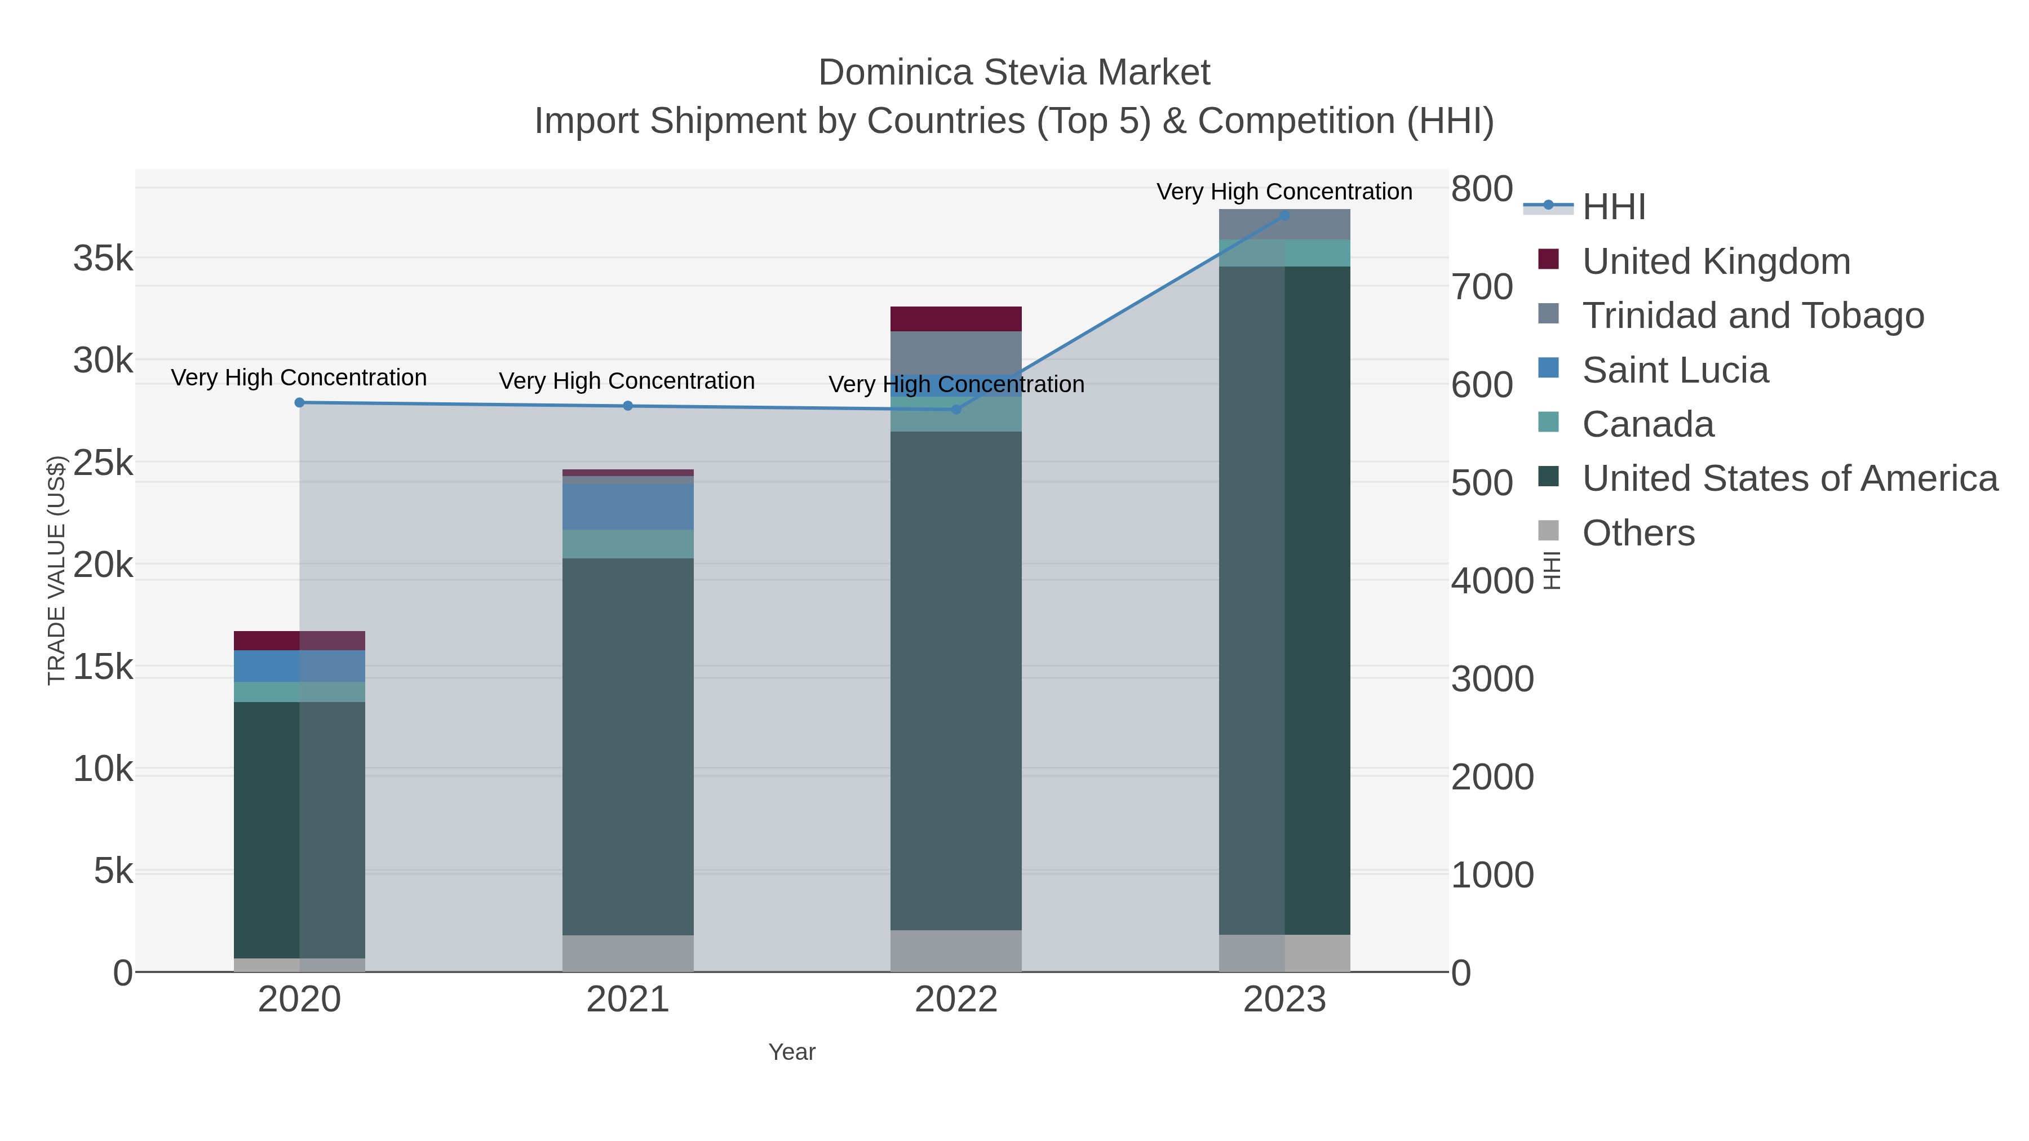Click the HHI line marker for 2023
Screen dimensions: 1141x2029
(x=1284, y=215)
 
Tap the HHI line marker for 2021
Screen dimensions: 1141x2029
(x=628, y=406)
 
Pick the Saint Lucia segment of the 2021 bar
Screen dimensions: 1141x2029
(x=628, y=507)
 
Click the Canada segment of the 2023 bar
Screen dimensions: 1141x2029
(x=1284, y=253)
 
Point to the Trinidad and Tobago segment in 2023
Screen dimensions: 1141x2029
(x=1284, y=224)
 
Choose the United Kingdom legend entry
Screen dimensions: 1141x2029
(x=1716, y=261)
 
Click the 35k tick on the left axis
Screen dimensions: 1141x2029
(x=103, y=258)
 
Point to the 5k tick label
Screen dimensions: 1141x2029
(x=113, y=871)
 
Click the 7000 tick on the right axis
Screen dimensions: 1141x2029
(x=1481, y=287)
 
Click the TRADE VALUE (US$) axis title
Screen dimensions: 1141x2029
(x=57, y=570)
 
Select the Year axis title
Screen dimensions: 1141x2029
(x=792, y=1052)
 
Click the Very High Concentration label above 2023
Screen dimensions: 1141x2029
(x=1284, y=192)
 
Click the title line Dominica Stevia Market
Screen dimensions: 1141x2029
(x=1014, y=73)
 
